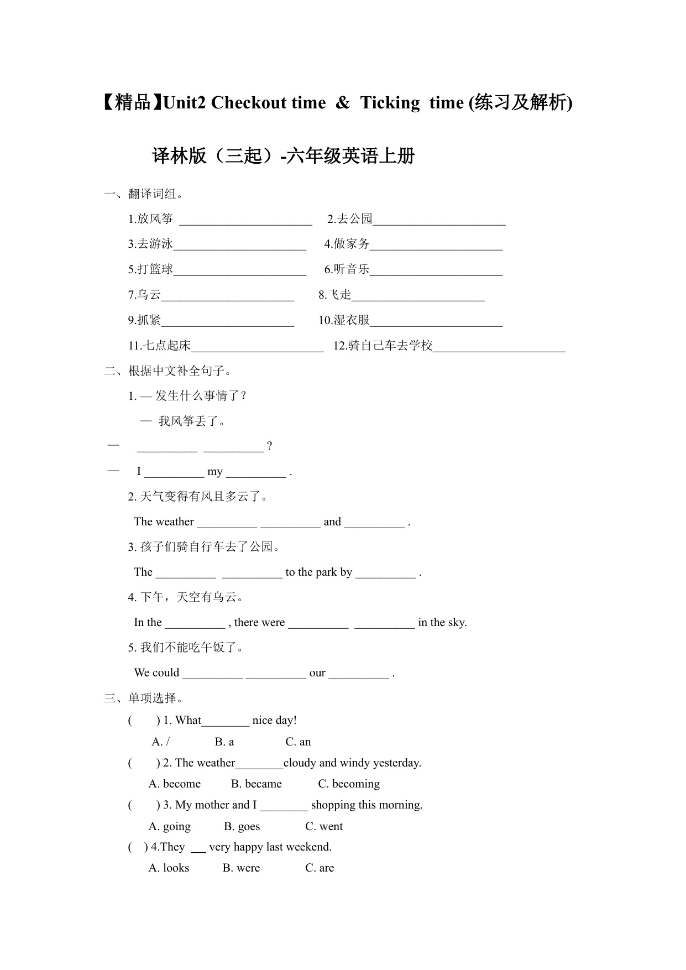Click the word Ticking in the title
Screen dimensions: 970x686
tap(390, 103)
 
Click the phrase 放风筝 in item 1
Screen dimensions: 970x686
tap(155, 219)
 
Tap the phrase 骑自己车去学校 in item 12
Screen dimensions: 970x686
tap(390, 346)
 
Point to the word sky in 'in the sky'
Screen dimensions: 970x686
tap(457, 622)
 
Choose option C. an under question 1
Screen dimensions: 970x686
tap(298, 742)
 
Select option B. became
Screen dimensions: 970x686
tap(256, 784)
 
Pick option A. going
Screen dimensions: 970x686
tap(170, 826)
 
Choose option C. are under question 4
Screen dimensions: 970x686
tap(320, 868)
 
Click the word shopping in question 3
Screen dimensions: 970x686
tap(333, 805)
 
